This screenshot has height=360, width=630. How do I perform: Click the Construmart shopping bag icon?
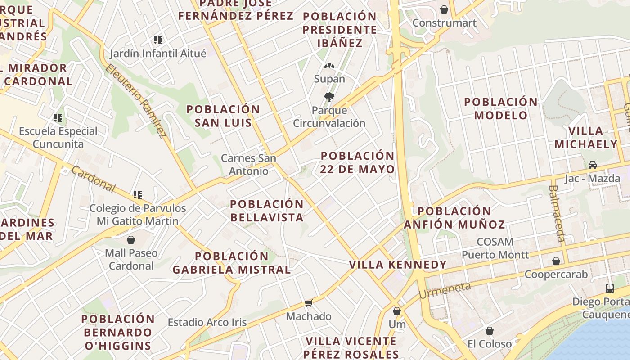click(x=444, y=9)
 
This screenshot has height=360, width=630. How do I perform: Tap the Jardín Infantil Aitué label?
click(x=158, y=54)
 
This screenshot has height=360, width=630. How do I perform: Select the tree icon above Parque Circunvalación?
click(x=329, y=97)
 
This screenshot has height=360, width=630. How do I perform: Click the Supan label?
click(x=329, y=79)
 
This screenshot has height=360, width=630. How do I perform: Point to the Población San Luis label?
click(x=223, y=116)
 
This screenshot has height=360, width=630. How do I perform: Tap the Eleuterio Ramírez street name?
click(x=136, y=100)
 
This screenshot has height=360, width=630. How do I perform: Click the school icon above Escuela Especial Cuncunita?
click(x=58, y=118)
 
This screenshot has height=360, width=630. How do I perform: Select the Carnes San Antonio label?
click(x=248, y=165)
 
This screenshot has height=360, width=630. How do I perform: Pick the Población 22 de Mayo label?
click(x=357, y=162)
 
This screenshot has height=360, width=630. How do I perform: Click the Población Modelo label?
click(x=501, y=108)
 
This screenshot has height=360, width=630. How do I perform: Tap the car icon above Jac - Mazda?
click(x=592, y=165)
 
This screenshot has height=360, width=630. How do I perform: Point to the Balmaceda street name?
click(x=557, y=213)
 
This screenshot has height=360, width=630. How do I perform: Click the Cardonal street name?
click(x=93, y=179)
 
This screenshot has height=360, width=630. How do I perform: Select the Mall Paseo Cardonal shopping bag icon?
click(x=131, y=240)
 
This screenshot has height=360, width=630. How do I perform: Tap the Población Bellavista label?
click(x=267, y=211)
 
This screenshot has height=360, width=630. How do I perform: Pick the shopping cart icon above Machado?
click(x=308, y=303)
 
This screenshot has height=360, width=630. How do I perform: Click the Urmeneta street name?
click(x=445, y=291)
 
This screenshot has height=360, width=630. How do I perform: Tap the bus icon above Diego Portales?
click(x=610, y=288)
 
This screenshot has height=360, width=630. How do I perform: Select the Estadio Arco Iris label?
click(x=207, y=322)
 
